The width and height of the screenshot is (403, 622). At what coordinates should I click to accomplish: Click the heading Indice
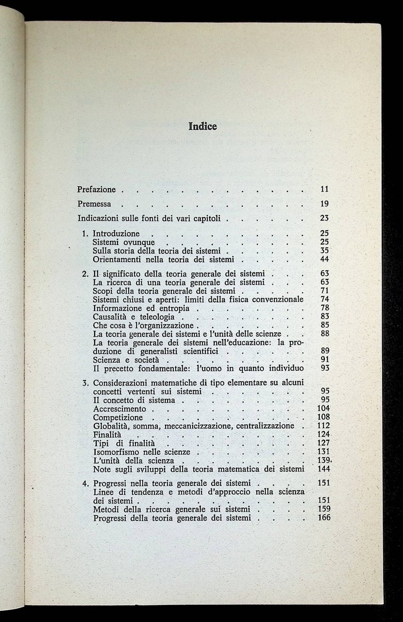[202, 127]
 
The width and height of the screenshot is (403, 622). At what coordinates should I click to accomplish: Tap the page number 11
[325, 189]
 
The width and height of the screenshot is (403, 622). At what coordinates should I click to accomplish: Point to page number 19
[325, 204]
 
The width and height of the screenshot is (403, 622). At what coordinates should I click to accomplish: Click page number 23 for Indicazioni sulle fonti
[325, 219]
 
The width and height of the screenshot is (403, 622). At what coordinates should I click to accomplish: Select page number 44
[325, 259]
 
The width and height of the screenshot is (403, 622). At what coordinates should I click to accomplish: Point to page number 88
[325, 334]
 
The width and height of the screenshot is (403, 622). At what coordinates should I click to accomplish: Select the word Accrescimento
[119, 409]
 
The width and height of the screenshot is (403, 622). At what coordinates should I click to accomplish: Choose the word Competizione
[118, 417]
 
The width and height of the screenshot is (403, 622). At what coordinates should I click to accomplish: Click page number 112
[323, 426]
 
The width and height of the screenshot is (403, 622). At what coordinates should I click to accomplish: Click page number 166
[323, 518]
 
